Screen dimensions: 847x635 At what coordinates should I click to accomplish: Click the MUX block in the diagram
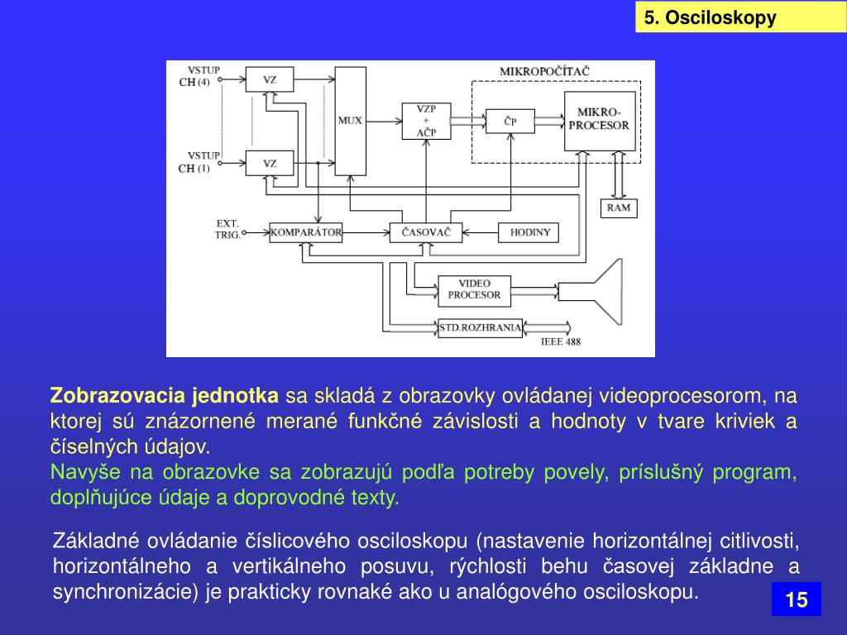[x=350, y=121]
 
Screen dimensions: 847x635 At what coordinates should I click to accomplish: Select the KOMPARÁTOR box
[x=305, y=232]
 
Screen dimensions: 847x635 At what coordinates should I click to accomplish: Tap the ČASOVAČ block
[x=425, y=232]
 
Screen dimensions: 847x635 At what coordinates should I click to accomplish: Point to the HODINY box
[x=529, y=232]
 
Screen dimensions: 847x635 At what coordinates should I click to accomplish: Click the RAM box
[x=618, y=208]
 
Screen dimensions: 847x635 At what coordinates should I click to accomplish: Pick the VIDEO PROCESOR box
[x=474, y=289]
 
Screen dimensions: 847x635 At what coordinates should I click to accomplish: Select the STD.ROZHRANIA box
[x=480, y=327]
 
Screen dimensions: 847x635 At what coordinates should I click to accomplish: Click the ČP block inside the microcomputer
[x=510, y=122]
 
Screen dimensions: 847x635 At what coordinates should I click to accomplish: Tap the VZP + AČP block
[x=426, y=121]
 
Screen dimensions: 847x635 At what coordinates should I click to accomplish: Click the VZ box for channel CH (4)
[x=270, y=80]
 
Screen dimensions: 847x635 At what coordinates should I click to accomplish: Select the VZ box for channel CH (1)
[x=270, y=163]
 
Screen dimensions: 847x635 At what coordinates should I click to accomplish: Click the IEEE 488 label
[x=560, y=341]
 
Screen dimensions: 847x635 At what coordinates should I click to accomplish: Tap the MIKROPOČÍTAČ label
[x=544, y=71]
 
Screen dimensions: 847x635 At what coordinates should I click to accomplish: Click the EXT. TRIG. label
[x=227, y=229]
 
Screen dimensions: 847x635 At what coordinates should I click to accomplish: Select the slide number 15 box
[x=796, y=599]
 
